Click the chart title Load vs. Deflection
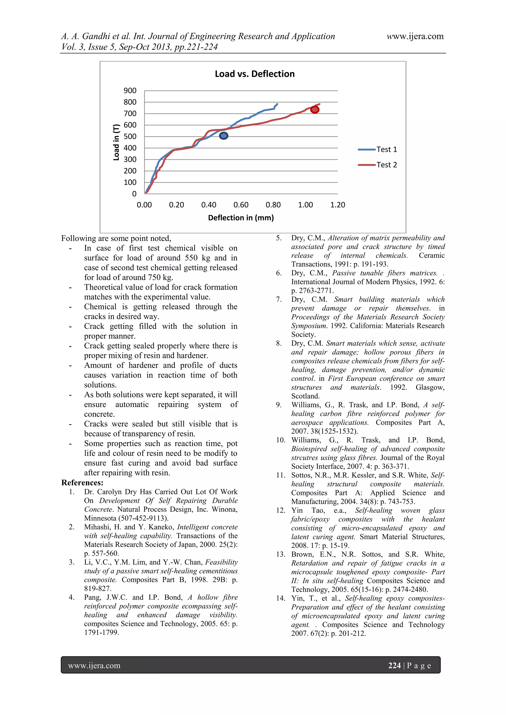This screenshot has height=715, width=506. [x=254, y=74]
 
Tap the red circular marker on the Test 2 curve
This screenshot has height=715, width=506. [x=315, y=110]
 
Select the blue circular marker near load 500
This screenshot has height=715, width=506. [x=224, y=136]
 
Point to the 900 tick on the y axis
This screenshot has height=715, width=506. [x=130, y=91]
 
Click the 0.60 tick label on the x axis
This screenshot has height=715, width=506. [x=241, y=205]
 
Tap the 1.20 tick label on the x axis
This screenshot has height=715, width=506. [x=338, y=205]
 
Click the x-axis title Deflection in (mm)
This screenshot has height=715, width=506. [x=241, y=218]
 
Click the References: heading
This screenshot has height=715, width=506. [x=82, y=483]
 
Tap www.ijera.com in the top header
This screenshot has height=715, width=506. [x=415, y=37]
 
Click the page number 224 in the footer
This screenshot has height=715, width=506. [x=394, y=666]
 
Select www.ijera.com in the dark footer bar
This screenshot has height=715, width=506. [x=94, y=666]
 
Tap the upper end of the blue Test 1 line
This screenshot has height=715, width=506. [x=277, y=104]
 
